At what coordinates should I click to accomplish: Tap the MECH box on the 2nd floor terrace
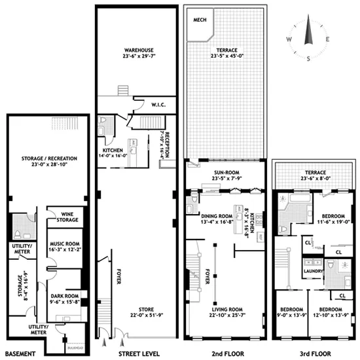199,19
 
